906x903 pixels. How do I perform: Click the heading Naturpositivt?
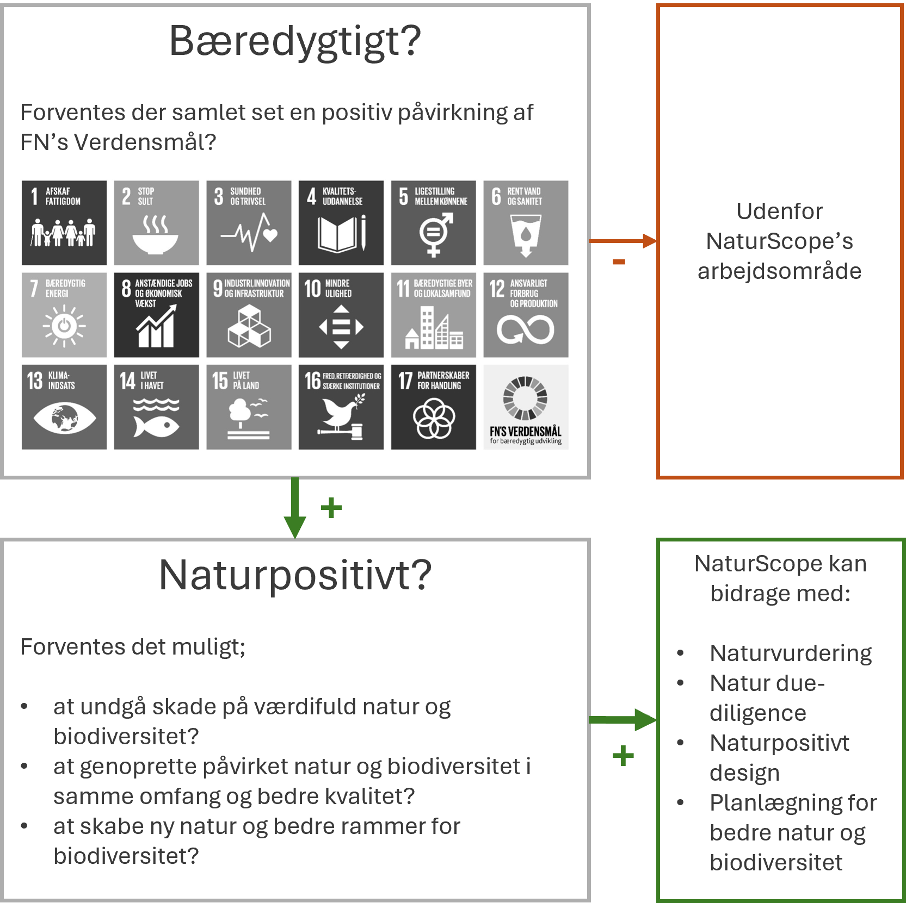[295, 575]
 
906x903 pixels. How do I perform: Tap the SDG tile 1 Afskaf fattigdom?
[64, 223]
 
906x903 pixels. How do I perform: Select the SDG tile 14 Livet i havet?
[156, 407]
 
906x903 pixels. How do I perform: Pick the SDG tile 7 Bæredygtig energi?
[64, 315]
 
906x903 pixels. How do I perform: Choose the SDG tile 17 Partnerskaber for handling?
[433, 407]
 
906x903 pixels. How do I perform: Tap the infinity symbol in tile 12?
[526, 330]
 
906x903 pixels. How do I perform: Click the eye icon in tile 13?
[64, 418]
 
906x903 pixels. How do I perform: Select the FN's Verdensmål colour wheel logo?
[525, 398]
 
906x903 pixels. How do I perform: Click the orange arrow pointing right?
[624, 241]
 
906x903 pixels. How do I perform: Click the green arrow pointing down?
[295, 508]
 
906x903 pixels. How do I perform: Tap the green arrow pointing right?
[624, 720]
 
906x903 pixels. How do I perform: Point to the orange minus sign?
[619, 262]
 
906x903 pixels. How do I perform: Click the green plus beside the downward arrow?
[331, 508]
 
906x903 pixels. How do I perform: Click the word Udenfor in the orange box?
[779, 211]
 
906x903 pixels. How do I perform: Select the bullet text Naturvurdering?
[791, 653]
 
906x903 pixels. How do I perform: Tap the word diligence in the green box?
[757, 713]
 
